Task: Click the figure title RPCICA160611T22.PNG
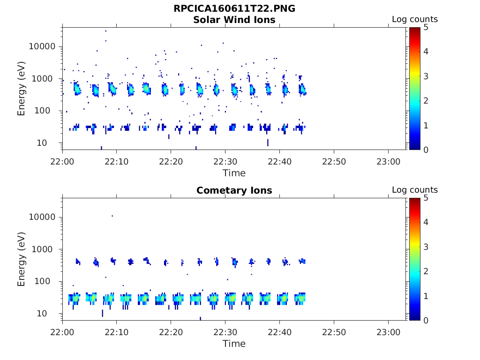click(234, 8)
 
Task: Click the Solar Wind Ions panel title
click(234, 20)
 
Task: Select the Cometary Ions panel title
click(234, 190)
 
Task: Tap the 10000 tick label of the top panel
click(42, 47)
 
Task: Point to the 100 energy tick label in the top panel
click(47, 111)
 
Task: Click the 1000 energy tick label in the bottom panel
click(45, 249)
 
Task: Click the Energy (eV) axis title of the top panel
click(21, 89)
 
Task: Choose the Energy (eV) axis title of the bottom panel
click(21, 260)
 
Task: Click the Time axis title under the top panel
click(234, 173)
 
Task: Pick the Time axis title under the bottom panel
click(234, 344)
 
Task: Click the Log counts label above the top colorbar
click(414, 19)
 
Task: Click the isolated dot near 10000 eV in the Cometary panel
click(112, 216)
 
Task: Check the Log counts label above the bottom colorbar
click(414, 190)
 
